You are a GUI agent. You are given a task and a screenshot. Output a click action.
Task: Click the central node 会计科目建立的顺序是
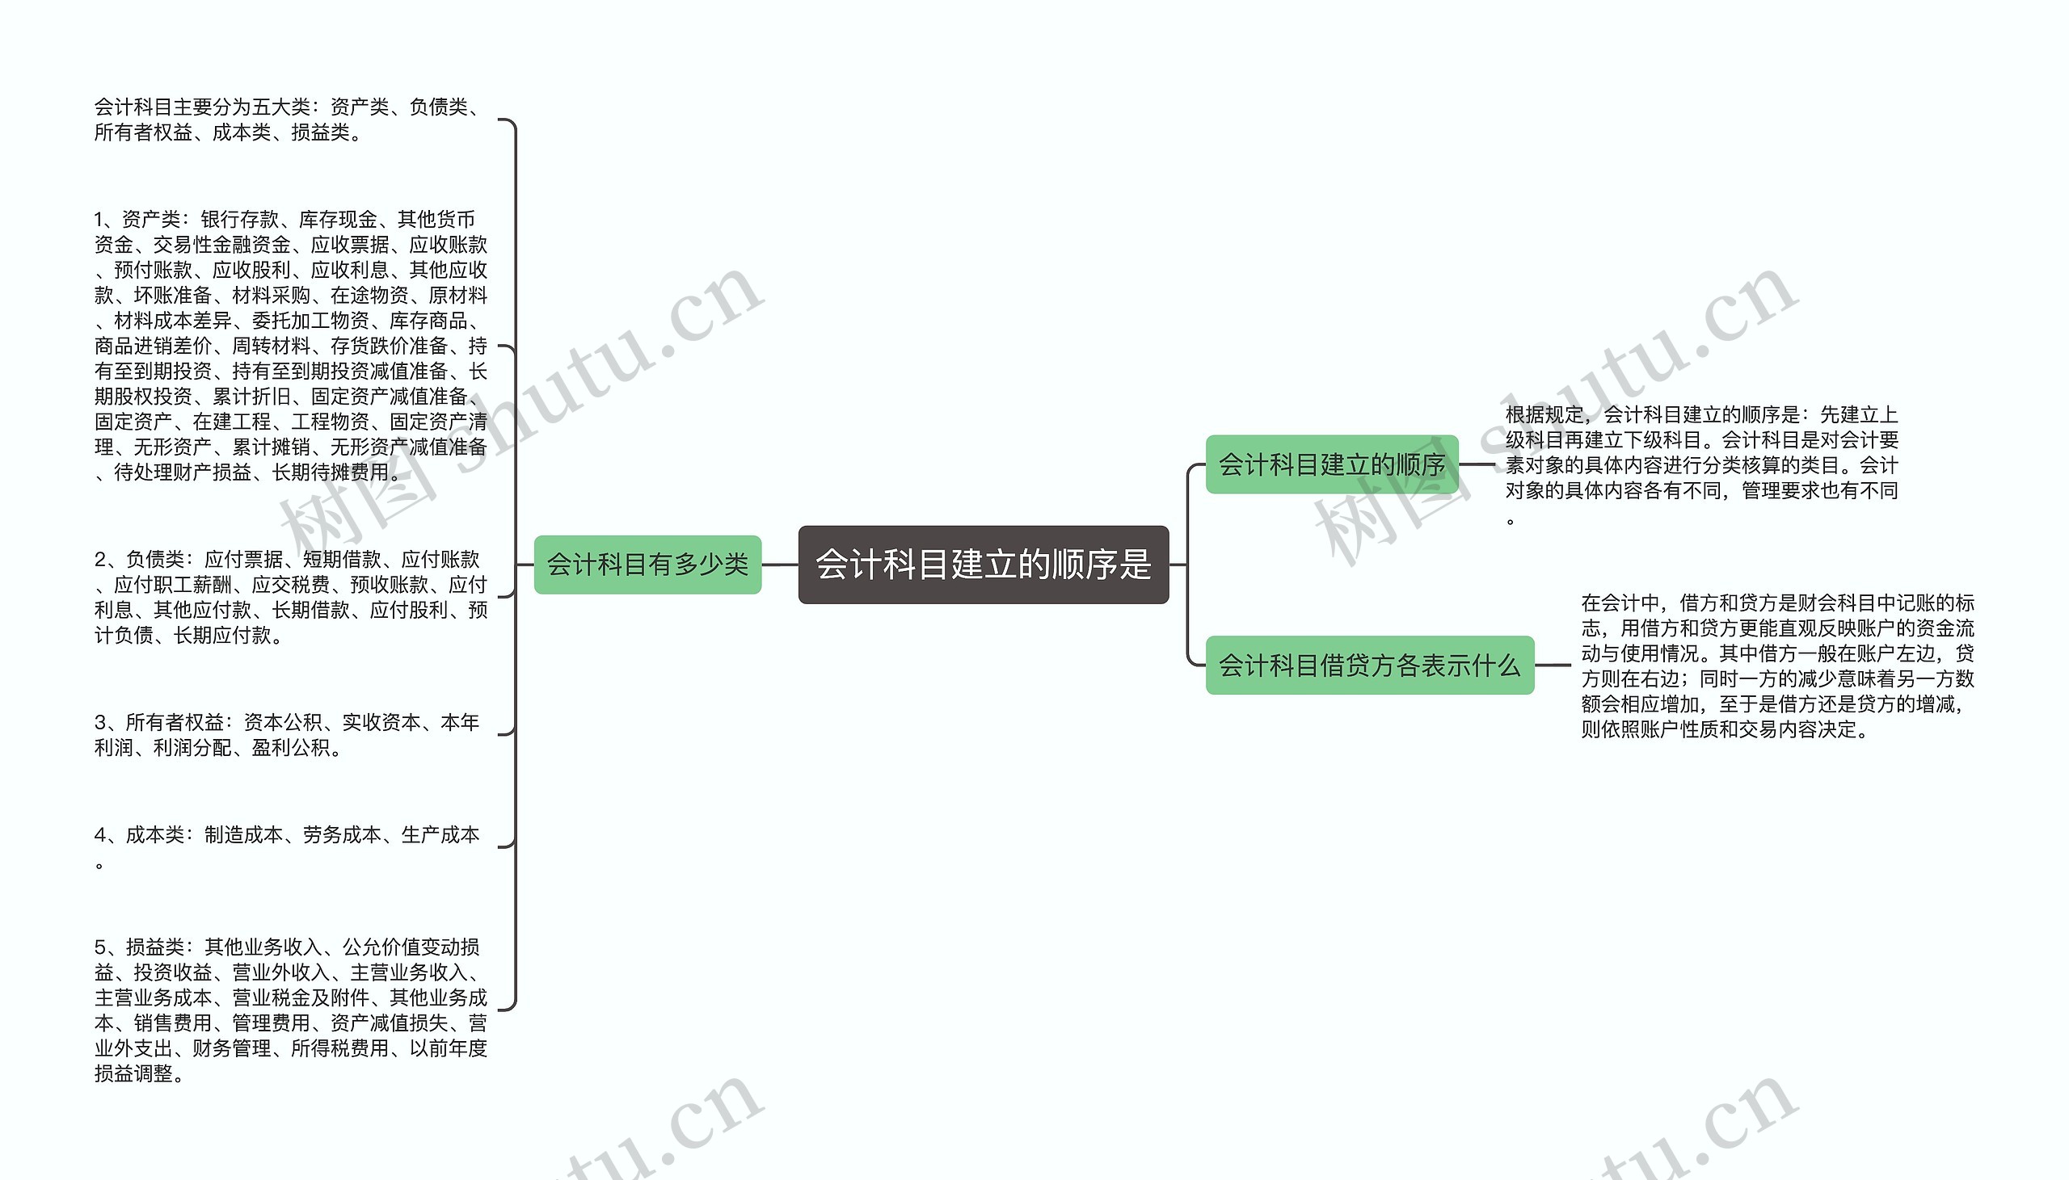pyautogui.click(x=983, y=564)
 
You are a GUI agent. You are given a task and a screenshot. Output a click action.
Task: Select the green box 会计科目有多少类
pyautogui.click(x=647, y=564)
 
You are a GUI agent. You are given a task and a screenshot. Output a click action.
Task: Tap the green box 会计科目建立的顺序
pyautogui.click(x=1331, y=464)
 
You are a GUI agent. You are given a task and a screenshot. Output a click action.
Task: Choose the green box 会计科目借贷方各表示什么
pyautogui.click(x=1369, y=666)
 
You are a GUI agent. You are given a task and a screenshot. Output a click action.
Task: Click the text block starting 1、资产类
pyautogui.click(x=290, y=345)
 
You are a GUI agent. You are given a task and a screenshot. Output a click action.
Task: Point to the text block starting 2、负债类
pyautogui.click(x=290, y=597)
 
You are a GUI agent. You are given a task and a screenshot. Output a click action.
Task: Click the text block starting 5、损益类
pyautogui.click(x=290, y=1010)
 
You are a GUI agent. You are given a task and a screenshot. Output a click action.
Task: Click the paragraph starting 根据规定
pyautogui.click(x=1701, y=464)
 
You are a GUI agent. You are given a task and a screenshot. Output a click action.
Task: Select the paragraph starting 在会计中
pyautogui.click(x=1777, y=666)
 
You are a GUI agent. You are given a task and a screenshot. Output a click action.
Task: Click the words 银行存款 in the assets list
pyautogui.click(x=239, y=220)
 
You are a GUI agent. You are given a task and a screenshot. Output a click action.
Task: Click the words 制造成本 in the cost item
pyautogui.click(x=243, y=835)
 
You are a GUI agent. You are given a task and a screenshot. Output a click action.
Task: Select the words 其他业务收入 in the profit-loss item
pyautogui.click(x=263, y=947)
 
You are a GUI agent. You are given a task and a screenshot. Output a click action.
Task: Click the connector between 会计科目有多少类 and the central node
pyautogui.click(x=780, y=564)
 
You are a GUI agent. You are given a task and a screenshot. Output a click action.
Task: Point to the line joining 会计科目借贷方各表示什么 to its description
pyautogui.click(x=1553, y=666)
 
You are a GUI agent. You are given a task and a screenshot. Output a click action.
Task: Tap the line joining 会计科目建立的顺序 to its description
pyautogui.click(x=1477, y=464)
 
